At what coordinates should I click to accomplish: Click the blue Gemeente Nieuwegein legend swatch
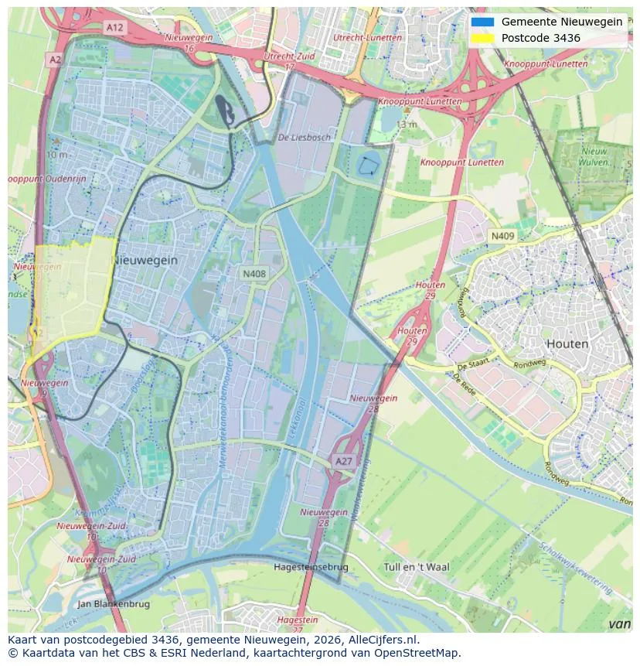pos(482,22)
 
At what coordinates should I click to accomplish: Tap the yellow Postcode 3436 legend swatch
pos(482,38)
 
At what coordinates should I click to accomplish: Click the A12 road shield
pos(115,27)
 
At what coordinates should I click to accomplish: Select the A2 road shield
pos(54,59)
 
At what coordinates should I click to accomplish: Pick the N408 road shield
pos(254,274)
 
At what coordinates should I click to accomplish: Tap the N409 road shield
pos(502,236)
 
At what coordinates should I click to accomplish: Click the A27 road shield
pos(344,461)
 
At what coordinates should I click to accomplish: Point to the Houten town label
pos(567,343)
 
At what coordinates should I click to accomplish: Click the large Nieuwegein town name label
pos(145,261)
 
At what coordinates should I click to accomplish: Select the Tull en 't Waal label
pos(416,567)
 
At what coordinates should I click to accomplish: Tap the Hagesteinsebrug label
pos(311,567)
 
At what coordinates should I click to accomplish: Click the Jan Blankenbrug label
pos(114,603)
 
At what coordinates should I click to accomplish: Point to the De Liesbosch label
pos(304,138)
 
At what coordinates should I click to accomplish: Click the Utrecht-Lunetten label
pos(367,37)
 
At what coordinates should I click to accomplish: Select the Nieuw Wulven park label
pos(594,157)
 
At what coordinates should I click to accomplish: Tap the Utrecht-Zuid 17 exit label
pos(290,61)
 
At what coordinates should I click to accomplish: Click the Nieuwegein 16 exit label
pos(189,43)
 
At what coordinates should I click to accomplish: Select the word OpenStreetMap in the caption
pos(417,653)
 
